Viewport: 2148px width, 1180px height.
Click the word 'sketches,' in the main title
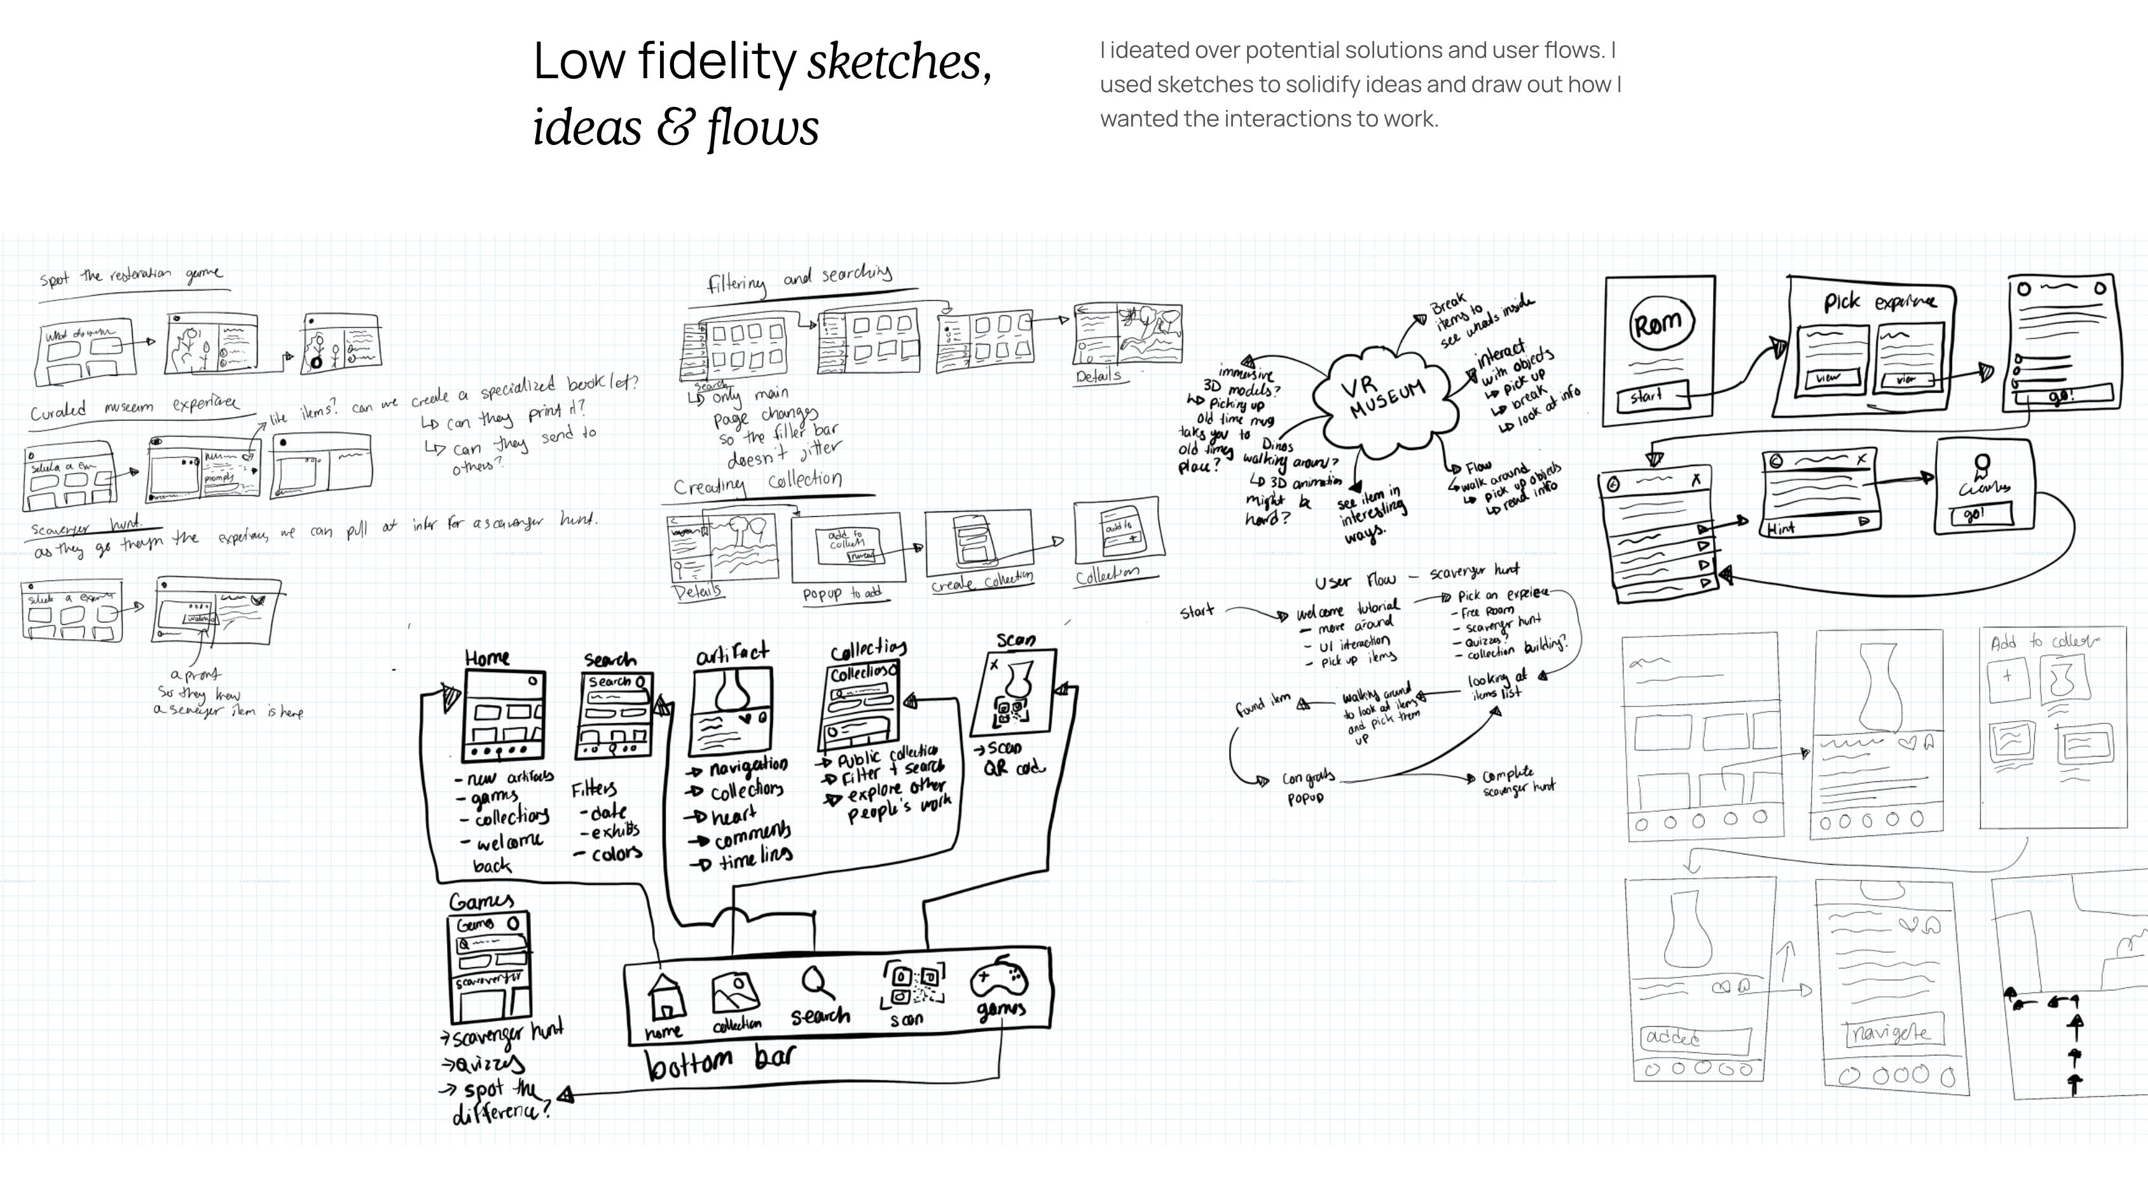[x=899, y=62]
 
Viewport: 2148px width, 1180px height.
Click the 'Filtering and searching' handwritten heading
[x=799, y=279]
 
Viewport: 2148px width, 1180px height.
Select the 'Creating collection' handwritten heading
[x=757, y=483]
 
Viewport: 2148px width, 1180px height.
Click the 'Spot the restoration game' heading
[x=131, y=276]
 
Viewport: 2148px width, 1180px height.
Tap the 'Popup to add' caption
[x=841, y=594]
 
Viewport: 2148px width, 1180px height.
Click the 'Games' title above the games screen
[x=481, y=902]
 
